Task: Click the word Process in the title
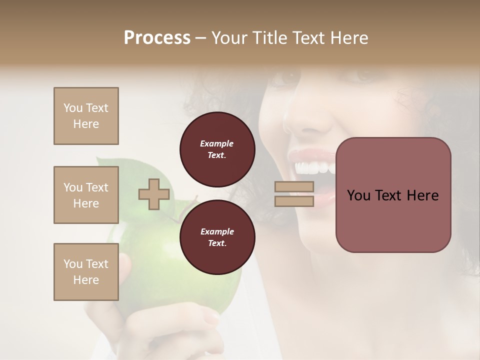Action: tap(157, 38)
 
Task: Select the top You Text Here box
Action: tap(86, 116)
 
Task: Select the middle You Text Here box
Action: tap(86, 195)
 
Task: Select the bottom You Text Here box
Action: tap(86, 272)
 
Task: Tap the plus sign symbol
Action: tap(154, 194)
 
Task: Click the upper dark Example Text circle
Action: tap(217, 149)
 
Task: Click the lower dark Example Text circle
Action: tap(217, 237)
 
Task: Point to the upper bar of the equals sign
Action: tap(294, 187)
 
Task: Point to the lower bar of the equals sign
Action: tap(294, 201)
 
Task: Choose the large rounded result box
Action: tap(393, 195)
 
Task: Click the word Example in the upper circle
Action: tap(217, 143)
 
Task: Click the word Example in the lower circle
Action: tap(217, 231)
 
